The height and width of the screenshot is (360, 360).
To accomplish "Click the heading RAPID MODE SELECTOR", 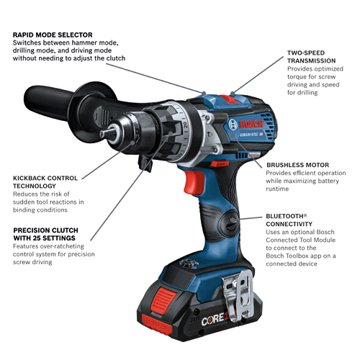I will point(53,34).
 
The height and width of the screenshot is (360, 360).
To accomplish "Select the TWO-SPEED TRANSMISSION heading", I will point(312,53).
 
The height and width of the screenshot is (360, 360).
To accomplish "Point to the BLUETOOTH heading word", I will point(287,216).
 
